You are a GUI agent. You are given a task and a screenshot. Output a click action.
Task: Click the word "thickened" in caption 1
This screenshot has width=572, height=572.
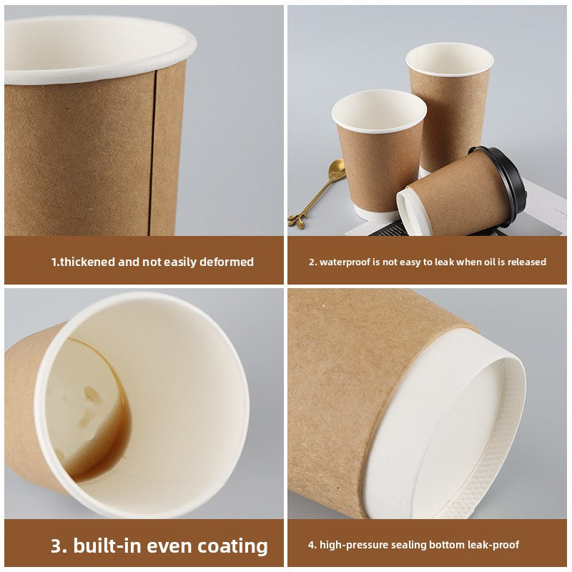(x=87, y=262)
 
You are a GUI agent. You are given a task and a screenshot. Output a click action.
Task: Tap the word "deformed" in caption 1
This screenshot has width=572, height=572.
(x=227, y=262)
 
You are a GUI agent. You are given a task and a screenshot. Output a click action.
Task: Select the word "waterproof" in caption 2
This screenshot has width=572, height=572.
(x=347, y=262)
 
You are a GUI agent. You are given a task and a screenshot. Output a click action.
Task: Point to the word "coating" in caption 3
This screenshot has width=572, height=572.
(x=227, y=546)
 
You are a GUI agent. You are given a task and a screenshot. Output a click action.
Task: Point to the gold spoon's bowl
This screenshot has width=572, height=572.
(x=337, y=170)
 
